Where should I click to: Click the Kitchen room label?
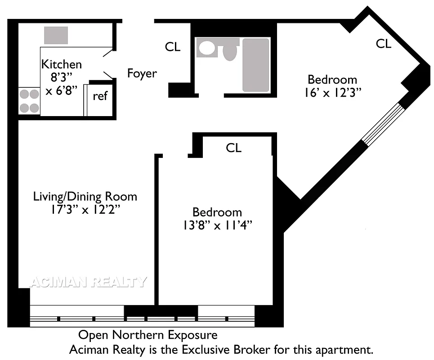click(62, 64)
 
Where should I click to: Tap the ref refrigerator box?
click(100, 96)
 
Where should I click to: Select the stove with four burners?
click(29, 101)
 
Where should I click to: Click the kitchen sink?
click(56, 35)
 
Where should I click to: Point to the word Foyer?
click(142, 73)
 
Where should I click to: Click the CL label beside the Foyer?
click(173, 47)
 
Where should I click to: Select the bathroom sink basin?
click(208, 48)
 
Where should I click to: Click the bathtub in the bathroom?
click(255, 65)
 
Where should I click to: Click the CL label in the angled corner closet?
click(384, 44)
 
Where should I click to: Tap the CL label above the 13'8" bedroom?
click(233, 148)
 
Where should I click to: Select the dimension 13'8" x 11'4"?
click(217, 225)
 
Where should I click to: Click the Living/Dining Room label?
click(85, 196)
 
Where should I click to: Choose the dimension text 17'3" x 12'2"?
click(85, 209)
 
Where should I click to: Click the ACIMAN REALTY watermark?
click(88, 282)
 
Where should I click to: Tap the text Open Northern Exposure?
click(148, 335)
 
